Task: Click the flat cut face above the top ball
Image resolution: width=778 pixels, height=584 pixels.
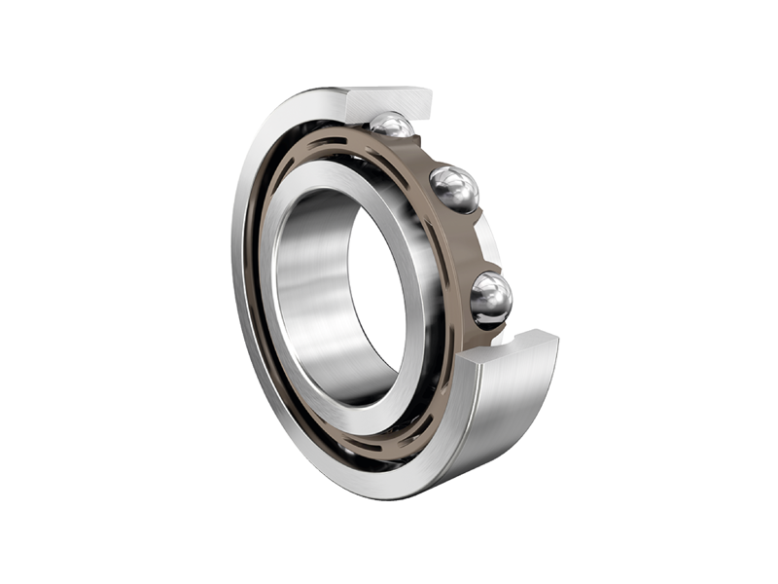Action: [389, 101]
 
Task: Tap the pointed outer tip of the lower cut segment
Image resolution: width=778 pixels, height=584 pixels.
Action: [557, 336]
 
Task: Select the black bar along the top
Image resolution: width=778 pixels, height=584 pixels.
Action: [389, 37]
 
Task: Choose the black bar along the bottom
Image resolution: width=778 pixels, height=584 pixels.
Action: [389, 546]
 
